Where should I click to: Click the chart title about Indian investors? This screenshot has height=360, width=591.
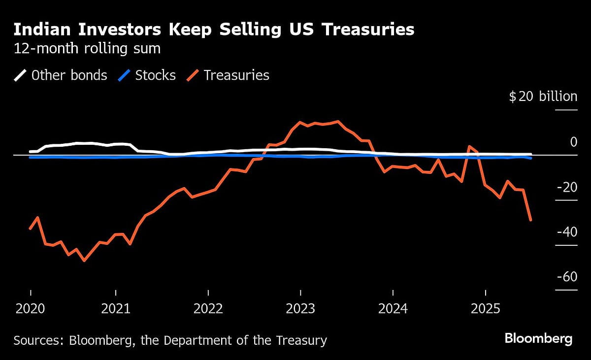click(214, 30)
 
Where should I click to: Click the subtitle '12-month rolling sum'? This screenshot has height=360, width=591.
click(87, 49)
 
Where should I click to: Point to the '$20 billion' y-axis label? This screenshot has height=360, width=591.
click(543, 97)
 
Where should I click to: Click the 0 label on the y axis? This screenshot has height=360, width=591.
click(573, 142)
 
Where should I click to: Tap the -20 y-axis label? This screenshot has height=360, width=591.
click(566, 187)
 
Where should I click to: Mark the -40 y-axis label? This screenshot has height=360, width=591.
click(566, 232)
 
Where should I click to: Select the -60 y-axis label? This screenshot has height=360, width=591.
click(566, 277)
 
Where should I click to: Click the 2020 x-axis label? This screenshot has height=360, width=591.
click(31, 309)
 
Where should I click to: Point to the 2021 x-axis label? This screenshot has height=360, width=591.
click(115, 309)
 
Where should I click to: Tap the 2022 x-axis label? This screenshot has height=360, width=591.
click(208, 309)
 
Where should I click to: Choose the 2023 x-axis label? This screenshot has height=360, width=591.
click(300, 309)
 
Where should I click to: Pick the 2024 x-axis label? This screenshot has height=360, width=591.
click(393, 309)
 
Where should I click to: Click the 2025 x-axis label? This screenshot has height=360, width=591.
click(485, 309)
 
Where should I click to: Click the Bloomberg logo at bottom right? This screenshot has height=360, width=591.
click(538, 339)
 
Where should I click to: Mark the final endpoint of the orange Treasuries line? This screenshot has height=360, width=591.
click(530, 220)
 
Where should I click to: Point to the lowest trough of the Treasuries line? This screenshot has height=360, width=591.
click(84, 261)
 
